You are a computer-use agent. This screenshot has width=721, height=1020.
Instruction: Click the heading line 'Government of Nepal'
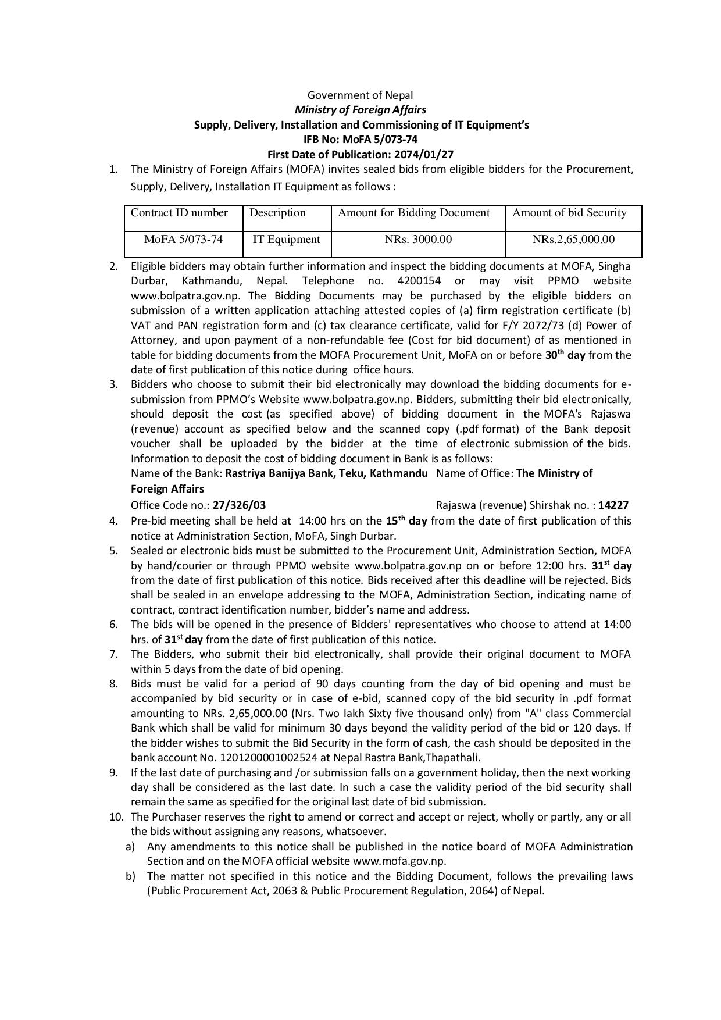click(360, 95)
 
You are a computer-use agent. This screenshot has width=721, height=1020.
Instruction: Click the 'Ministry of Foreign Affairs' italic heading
click(360, 109)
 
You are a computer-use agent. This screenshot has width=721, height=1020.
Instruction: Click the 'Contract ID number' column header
click(179, 213)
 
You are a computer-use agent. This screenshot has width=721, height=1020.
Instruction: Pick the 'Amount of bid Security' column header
click(569, 213)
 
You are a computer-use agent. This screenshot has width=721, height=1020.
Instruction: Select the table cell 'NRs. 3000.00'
click(418, 240)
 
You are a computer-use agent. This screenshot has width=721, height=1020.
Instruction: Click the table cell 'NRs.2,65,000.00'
click(573, 240)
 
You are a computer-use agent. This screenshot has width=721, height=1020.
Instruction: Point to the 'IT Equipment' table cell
click(286, 240)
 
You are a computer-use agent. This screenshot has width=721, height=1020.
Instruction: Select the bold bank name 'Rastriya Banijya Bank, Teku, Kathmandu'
click(326, 473)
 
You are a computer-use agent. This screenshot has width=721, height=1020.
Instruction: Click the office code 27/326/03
click(240, 505)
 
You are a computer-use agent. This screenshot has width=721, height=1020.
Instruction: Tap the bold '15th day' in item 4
click(406, 521)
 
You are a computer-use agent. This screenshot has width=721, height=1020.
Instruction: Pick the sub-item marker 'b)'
click(130, 876)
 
